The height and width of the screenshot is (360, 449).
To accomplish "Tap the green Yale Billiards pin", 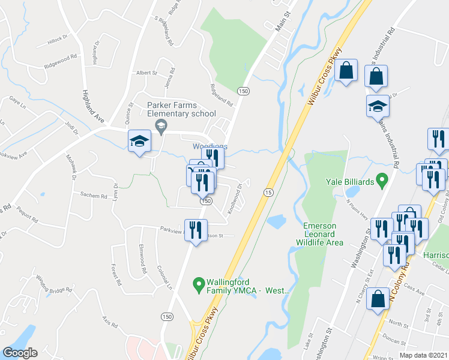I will (381, 180).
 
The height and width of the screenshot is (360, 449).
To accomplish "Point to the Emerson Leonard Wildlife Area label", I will (319, 234).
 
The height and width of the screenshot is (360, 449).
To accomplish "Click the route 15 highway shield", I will (268, 191).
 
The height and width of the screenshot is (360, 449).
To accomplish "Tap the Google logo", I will (20, 353).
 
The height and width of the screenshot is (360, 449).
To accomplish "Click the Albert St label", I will (146, 73).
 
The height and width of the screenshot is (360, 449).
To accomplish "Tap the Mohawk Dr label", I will (73, 169).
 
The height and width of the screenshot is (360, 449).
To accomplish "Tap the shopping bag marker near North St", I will (378, 300).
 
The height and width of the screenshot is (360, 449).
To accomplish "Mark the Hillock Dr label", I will (59, 43).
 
